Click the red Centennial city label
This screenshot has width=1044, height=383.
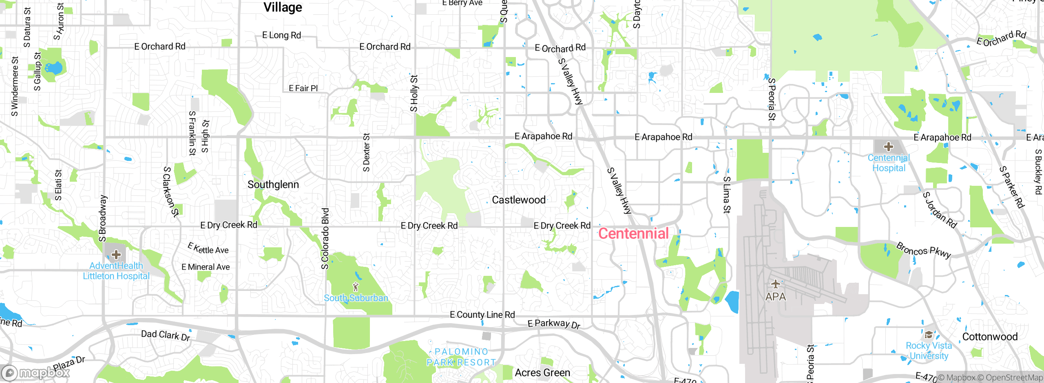(633, 233)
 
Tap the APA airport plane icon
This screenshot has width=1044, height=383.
(775, 284)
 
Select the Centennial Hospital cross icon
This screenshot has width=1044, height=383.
(889, 147)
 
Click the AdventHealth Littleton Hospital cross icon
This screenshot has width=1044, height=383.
(116, 255)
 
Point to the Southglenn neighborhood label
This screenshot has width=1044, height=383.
(273, 185)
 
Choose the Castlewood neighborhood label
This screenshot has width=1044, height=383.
(519, 200)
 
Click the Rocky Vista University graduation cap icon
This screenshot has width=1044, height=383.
(929, 335)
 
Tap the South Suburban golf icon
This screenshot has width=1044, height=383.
(356, 287)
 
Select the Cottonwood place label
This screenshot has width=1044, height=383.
(990, 337)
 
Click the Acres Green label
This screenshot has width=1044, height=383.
(542, 373)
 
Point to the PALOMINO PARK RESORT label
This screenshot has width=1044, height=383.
(461, 357)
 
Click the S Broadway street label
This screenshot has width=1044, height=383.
(103, 218)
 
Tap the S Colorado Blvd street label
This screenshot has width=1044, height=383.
(325, 239)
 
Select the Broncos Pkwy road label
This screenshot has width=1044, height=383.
(923, 250)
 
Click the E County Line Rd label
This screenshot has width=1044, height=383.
(482, 315)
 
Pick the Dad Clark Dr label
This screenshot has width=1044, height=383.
(166, 335)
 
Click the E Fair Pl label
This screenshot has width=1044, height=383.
(303, 88)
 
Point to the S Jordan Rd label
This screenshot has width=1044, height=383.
(940, 210)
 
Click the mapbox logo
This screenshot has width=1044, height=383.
(36, 372)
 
